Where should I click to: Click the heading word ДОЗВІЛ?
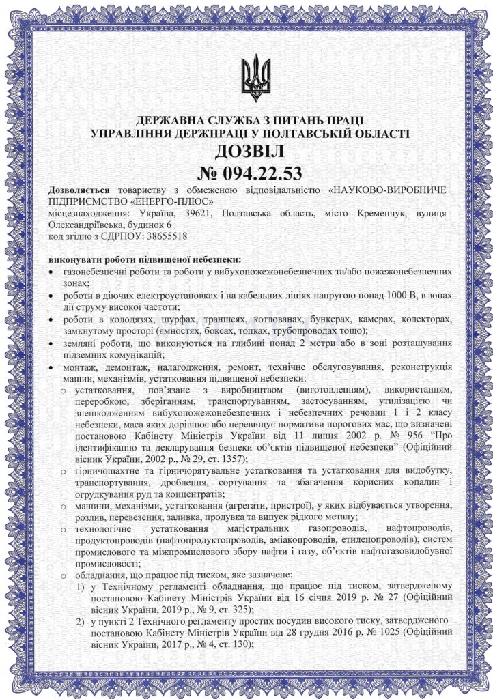pyautogui.click(x=246, y=150)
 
